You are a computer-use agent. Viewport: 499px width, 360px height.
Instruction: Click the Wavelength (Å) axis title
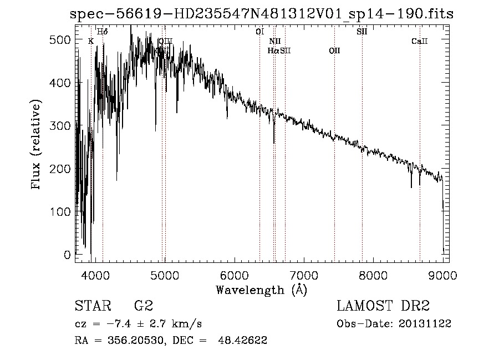pyautogui.click(x=261, y=290)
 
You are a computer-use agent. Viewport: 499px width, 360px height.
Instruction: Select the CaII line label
pyautogui.click(x=420, y=41)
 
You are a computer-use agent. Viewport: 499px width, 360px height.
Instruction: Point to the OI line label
pyautogui.click(x=259, y=32)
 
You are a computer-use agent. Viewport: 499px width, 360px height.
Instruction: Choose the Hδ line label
pyautogui.click(x=103, y=32)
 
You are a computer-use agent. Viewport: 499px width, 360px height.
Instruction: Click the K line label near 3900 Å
pyautogui.click(x=91, y=41)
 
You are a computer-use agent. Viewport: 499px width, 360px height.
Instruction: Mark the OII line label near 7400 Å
pyautogui.click(x=334, y=51)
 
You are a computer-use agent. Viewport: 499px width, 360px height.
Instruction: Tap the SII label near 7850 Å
pyautogui.click(x=361, y=32)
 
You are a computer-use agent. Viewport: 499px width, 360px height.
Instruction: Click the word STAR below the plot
pyautogui.click(x=92, y=306)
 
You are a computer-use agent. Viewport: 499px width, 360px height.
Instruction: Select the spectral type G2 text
pyautogui.click(x=143, y=306)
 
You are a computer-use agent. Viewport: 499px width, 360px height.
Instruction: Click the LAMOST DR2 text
pyautogui.click(x=383, y=306)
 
